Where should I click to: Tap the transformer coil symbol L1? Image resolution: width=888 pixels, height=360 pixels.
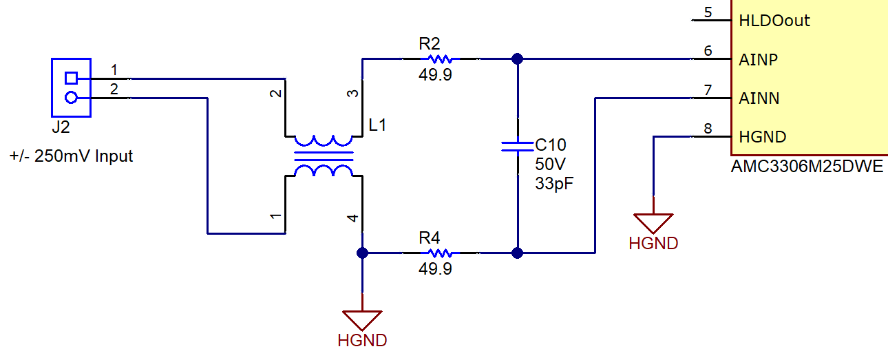(324, 156)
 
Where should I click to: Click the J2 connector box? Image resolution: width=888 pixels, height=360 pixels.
(71, 87)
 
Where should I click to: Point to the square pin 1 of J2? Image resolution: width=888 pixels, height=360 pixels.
(71, 78)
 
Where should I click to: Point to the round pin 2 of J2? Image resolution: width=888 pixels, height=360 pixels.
(71, 98)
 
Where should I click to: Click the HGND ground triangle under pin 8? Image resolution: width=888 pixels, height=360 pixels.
(653, 222)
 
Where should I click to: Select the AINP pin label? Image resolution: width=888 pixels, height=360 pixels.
(758, 60)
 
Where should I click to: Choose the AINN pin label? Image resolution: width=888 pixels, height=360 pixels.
(759, 98)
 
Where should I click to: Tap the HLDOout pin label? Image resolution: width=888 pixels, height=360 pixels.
(774, 21)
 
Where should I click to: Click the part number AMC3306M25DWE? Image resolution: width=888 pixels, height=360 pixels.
(807, 167)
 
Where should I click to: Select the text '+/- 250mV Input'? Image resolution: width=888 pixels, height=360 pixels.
(71, 156)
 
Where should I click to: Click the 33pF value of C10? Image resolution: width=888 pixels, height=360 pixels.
(554, 184)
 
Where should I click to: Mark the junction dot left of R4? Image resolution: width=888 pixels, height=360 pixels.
(362, 253)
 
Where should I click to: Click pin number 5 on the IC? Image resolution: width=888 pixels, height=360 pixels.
(708, 12)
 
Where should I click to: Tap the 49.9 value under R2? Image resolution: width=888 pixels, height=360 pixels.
(435, 75)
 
